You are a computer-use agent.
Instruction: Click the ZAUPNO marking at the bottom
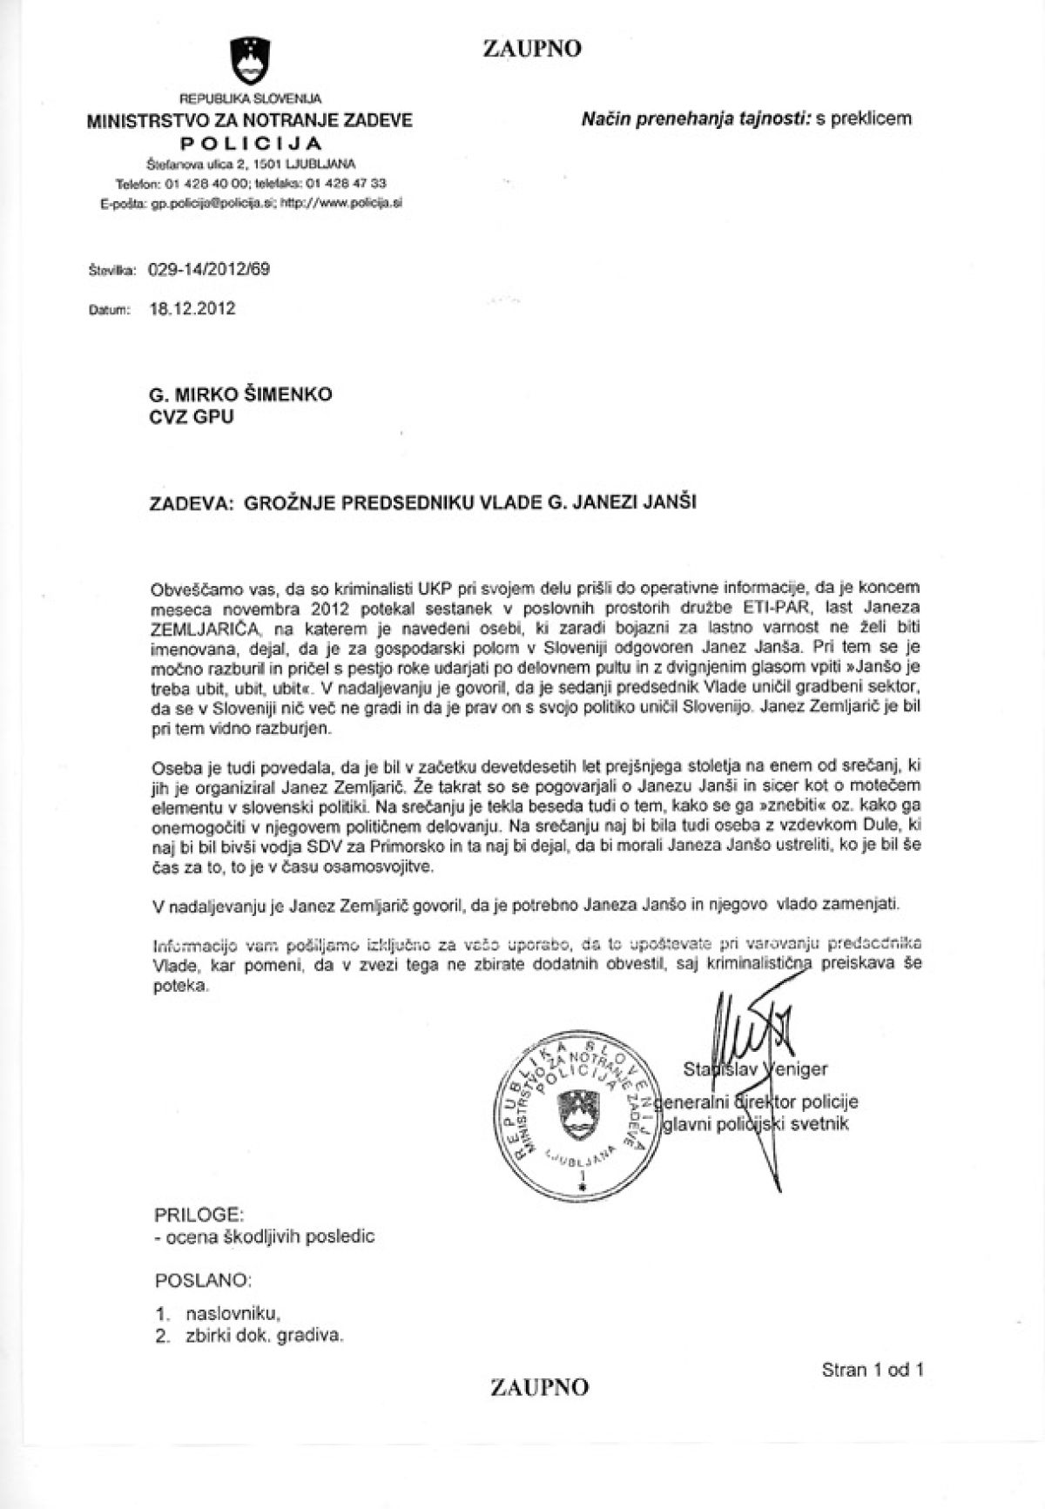539,1385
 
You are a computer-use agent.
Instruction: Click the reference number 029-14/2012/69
209,269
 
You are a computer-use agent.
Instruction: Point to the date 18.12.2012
192,308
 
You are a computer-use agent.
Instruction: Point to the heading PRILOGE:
199,1213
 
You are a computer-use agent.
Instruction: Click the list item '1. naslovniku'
218,1313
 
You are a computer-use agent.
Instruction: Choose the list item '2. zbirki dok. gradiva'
249,1337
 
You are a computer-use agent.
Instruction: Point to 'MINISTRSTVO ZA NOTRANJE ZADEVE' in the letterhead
250,121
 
